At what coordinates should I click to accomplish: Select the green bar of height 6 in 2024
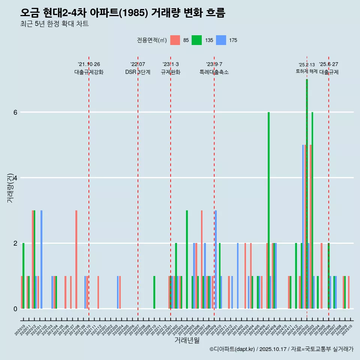(x=268, y=210)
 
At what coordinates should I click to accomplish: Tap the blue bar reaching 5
(x=303, y=225)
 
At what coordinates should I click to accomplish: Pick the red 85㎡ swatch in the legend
(x=175, y=40)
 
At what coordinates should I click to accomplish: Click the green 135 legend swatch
(x=196, y=40)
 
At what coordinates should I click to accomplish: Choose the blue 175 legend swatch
(x=221, y=40)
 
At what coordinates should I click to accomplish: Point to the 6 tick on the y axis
(x=15, y=112)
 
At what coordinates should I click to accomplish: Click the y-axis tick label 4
(x=15, y=178)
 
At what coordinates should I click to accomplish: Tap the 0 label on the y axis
(x=15, y=309)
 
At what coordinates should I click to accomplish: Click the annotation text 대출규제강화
(x=89, y=72)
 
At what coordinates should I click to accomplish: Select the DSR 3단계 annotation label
(x=138, y=72)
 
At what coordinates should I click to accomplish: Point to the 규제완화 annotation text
(x=171, y=72)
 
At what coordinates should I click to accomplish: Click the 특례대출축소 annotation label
(x=214, y=72)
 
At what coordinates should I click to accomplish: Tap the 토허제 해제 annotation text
(x=307, y=71)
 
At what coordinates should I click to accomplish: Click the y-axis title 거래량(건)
(x=10, y=187)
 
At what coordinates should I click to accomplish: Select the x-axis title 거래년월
(x=187, y=340)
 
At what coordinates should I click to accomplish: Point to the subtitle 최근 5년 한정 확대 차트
(x=55, y=24)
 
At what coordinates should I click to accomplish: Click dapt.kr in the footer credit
(x=245, y=349)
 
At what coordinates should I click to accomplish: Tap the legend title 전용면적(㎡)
(x=152, y=40)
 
